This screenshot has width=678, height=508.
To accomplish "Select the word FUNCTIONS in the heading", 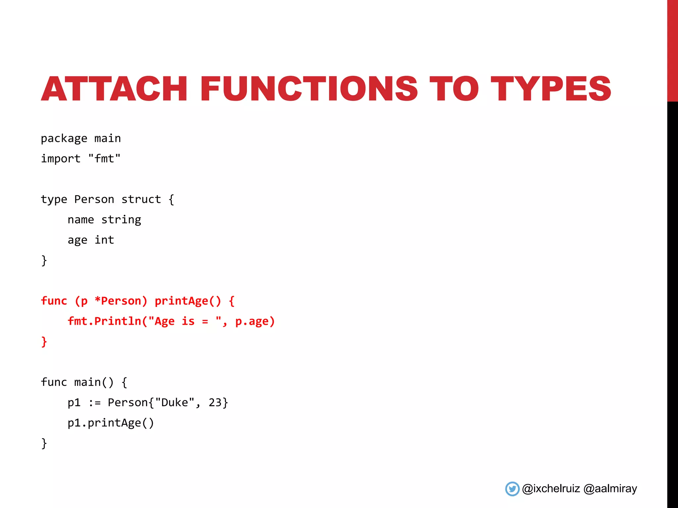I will coord(309,89).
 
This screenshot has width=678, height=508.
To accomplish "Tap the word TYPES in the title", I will coord(551,89).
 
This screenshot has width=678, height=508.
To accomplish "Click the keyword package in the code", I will coord(64,139).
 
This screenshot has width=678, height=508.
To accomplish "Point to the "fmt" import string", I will coord(104,159).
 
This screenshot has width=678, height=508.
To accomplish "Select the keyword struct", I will coord(141,199).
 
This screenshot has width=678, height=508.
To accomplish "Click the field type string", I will coord(121,220).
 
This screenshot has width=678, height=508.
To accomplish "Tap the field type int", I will coord(104,240).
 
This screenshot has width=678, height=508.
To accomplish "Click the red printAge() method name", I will coord(187,301).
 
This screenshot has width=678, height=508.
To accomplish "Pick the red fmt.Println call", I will coord(104,321).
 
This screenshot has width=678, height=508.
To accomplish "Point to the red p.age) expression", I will coord(255,321).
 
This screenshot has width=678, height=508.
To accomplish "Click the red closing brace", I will coord(44,341).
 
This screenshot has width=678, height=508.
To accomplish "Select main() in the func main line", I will coord(94,382).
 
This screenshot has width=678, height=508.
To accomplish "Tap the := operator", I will coord(94,403).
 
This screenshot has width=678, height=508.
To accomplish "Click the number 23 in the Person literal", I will coord(215,403).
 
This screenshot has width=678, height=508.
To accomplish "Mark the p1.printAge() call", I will coord(111,423).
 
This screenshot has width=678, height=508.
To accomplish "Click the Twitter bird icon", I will coord(512,489).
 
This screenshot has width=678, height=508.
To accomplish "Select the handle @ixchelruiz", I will coord(551,489).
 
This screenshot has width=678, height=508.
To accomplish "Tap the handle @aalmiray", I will coord(610,489).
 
